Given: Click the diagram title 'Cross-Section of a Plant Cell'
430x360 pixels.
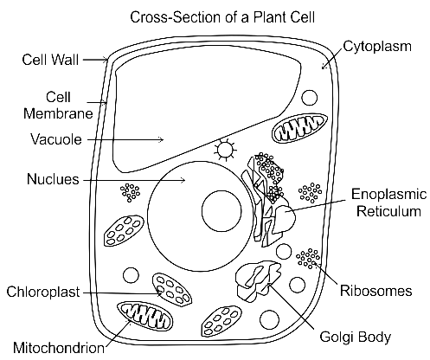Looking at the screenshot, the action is pos(222,17).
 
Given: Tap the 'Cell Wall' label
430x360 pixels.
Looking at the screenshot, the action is pos(50,60).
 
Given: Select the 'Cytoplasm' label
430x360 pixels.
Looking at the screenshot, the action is pos(377,47).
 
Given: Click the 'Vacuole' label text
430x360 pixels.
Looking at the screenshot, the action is pos(56,139).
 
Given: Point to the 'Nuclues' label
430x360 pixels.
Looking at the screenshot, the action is pos(53,179).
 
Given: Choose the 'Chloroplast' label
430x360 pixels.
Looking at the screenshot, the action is pos(43,292).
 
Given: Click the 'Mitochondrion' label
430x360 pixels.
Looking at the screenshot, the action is pos(59,348).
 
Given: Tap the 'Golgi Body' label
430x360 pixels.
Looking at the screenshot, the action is pos(356,337).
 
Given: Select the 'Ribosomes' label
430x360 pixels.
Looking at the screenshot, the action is pos(376,291).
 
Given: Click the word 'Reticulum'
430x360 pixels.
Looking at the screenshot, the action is pos(388,211).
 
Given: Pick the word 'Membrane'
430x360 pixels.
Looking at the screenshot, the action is pos(58,113).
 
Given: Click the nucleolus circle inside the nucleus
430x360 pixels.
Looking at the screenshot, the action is pos(221,211).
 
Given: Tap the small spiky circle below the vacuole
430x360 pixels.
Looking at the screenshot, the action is pos(226,150).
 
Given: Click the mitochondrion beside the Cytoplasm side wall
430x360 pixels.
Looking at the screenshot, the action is pos(300,128).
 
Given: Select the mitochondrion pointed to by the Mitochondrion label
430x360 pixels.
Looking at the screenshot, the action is pos(144,317).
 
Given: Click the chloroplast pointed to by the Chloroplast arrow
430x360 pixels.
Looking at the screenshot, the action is pos(172,290).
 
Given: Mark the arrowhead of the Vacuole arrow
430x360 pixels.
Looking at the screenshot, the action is pos(162,140).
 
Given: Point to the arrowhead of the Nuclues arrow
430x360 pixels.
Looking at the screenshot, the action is pos(183,180).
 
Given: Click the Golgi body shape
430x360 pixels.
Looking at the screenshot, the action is pos(259,280).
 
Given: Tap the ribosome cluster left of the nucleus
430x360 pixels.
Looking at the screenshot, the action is pos(130,192).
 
